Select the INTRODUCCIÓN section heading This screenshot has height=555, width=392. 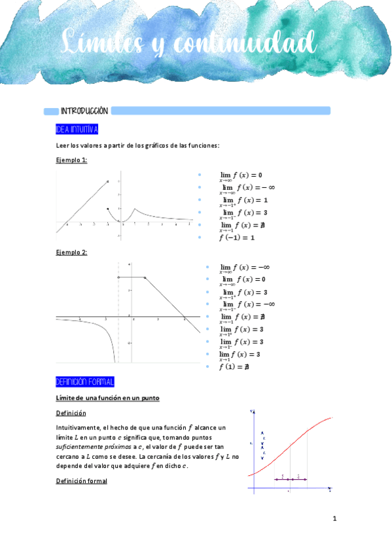84,111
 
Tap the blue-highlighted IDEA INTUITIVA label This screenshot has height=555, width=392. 77,129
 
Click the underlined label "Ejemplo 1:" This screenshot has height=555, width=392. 71,160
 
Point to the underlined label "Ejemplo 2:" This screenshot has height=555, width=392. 71,253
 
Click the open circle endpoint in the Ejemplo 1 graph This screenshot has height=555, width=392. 108,182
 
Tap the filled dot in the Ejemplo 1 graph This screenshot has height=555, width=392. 108,209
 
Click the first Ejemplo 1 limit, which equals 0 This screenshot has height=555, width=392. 240,176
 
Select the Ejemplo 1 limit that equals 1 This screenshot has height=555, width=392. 243,201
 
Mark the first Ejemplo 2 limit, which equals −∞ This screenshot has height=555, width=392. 245,268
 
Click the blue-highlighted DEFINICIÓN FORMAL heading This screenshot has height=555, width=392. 85,382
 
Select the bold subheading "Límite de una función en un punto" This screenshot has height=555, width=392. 108,398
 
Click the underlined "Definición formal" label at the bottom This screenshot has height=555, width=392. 81,481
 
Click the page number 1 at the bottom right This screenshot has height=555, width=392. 334,519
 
